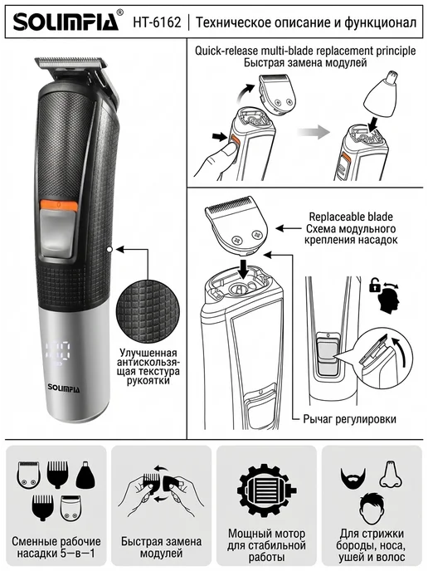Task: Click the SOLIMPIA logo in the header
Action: [x=66, y=22]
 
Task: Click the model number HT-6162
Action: [x=157, y=22]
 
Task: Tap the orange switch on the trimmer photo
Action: [x=59, y=205]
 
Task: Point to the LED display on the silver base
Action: [x=58, y=354]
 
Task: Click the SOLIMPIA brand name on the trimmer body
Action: [x=64, y=387]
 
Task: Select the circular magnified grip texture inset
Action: [x=148, y=312]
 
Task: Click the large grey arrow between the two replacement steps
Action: [x=313, y=131]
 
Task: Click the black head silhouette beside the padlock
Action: [x=388, y=300]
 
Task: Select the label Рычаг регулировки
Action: [x=350, y=419]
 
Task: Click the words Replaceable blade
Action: [x=351, y=217]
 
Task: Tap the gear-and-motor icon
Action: [x=267, y=490]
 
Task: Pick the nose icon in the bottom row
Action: [x=391, y=475]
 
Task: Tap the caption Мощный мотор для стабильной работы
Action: [x=266, y=545]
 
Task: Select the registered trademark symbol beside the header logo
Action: [x=120, y=12]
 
